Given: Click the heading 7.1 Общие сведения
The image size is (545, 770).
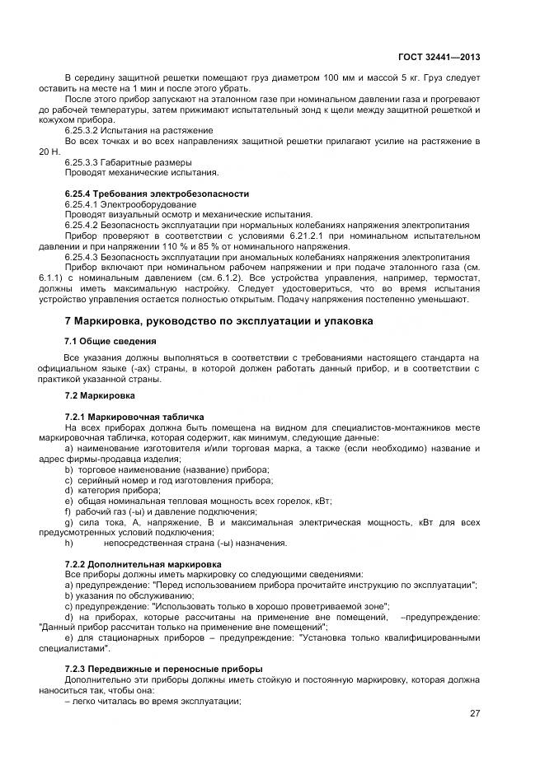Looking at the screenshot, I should pyautogui.click(x=110, y=341).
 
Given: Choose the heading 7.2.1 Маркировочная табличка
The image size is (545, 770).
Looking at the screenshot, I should pyautogui.click(x=134, y=417).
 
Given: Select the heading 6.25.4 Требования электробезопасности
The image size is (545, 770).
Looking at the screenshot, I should pyautogui.click(x=157, y=194).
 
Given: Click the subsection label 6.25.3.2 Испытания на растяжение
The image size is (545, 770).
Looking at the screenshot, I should pyautogui.click(x=139, y=131).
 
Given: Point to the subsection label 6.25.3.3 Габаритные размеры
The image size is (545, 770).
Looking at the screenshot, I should pyautogui.click(x=128, y=162).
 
